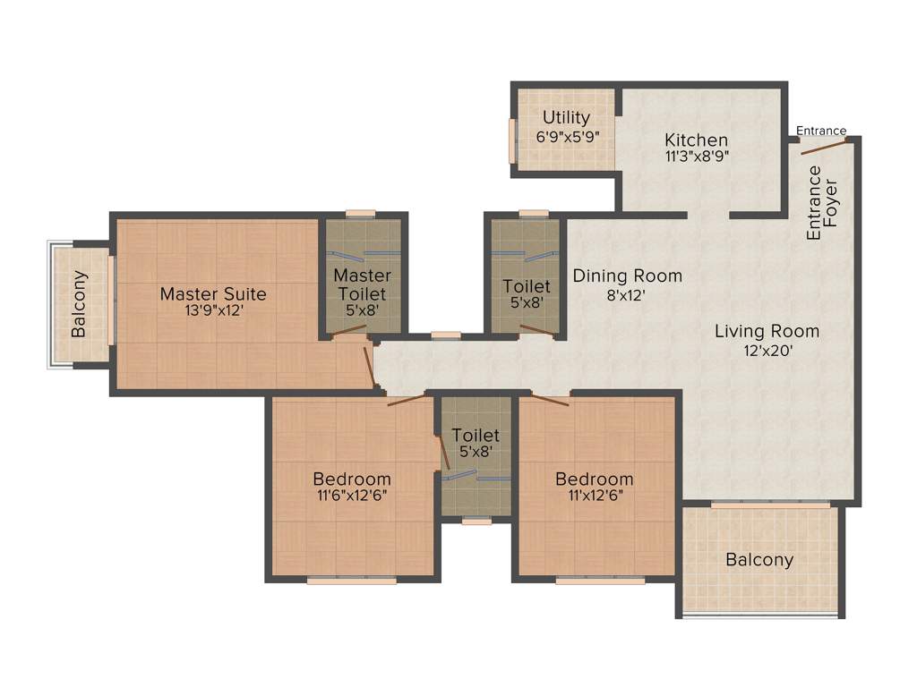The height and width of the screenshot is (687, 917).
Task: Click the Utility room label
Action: (x=566, y=118)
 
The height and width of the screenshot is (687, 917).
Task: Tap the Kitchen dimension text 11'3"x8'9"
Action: (x=696, y=156)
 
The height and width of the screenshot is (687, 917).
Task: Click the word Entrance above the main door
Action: (x=821, y=131)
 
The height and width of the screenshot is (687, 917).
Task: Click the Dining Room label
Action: (x=627, y=276)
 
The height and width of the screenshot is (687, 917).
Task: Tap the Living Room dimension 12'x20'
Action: (x=767, y=351)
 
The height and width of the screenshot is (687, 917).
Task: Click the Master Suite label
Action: (x=213, y=293)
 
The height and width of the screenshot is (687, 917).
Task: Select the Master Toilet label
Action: (x=362, y=284)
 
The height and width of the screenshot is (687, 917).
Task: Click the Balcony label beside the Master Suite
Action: (x=79, y=304)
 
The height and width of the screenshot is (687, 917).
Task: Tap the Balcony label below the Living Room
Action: (x=759, y=560)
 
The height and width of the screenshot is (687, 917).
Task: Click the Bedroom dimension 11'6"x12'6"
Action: (x=351, y=494)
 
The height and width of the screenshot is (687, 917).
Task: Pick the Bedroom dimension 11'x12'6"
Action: (x=594, y=494)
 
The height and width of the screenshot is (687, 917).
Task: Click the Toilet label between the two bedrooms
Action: (x=475, y=435)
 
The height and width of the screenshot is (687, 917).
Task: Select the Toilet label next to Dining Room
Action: (x=527, y=286)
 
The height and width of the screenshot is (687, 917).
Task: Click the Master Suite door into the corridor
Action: (x=369, y=367)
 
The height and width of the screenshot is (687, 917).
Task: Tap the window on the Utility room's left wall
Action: (x=512, y=140)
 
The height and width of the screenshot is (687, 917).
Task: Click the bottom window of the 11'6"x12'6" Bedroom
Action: (x=351, y=581)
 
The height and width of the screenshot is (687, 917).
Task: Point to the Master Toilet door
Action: (x=349, y=330)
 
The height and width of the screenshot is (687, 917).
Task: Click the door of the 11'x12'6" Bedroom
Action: (x=550, y=399)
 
